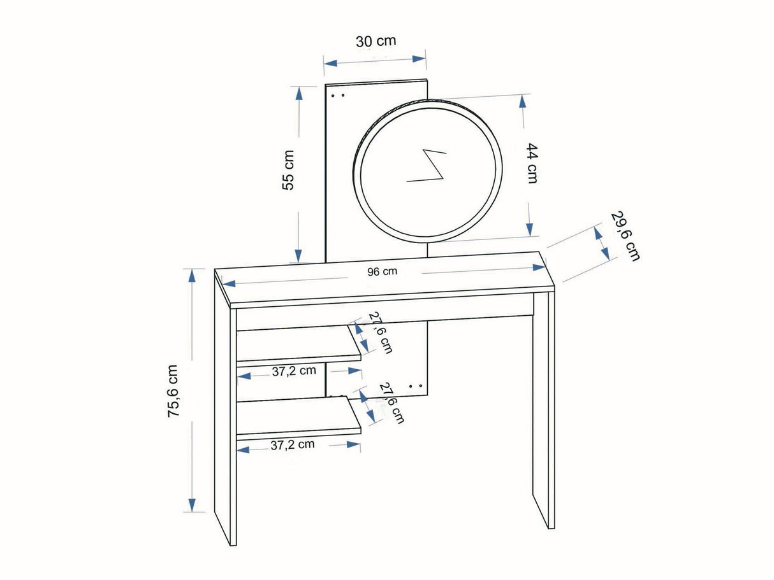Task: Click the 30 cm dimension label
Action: [376, 41]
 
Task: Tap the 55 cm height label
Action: [288, 171]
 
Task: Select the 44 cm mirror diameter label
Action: [532, 163]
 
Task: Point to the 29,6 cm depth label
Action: [625, 236]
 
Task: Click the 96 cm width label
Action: [383, 271]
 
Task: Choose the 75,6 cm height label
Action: [173, 392]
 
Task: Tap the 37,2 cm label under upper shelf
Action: [294, 371]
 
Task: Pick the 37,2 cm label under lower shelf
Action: [292, 445]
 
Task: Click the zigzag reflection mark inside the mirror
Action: [427, 166]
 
